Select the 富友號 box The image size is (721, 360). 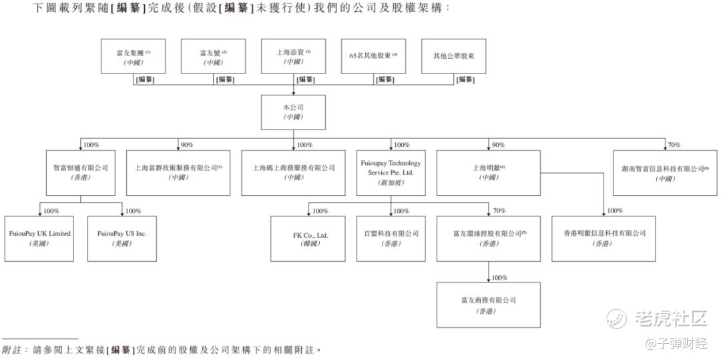(213, 56)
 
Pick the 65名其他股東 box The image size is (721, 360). (373, 56)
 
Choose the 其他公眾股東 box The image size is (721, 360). (453, 56)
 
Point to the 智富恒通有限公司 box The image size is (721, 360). (81, 172)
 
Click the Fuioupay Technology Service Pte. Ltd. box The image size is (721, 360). (391, 172)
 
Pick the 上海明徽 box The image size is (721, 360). (489, 172)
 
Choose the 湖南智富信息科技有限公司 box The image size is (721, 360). (666, 172)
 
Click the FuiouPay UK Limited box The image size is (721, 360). (39, 238)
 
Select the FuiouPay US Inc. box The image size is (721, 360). (122, 238)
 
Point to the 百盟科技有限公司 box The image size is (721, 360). (391, 238)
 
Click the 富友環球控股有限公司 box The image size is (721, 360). (489, 238)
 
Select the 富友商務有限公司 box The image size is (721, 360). (489, 305)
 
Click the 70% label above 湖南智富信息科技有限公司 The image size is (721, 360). (674, 145)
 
